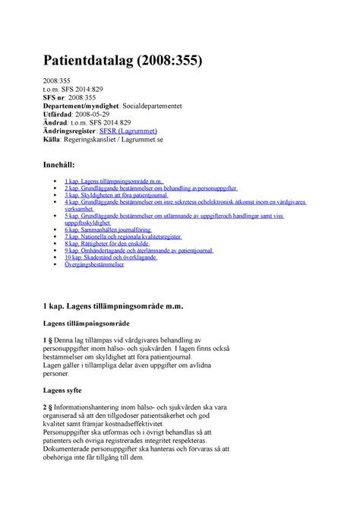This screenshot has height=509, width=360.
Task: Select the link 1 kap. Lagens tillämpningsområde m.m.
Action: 113,181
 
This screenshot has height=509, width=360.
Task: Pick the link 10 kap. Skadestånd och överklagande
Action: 110,258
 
